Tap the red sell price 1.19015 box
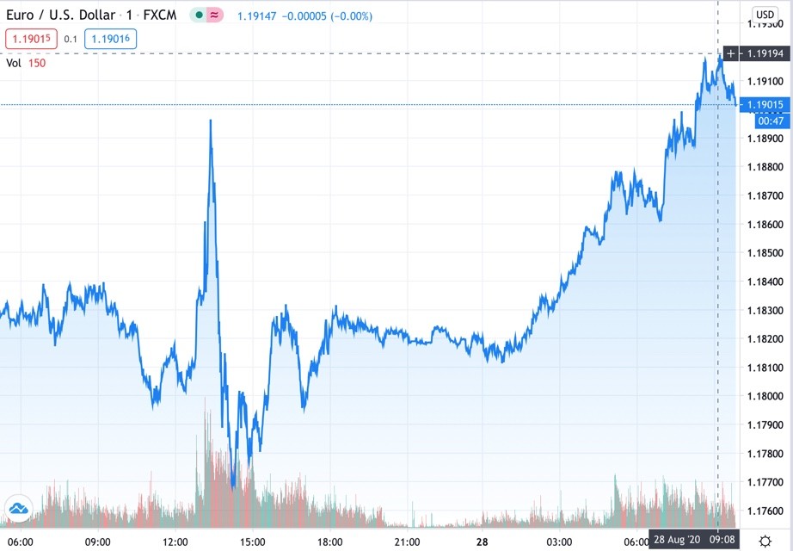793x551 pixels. pyautogui.click(x=31, y=38)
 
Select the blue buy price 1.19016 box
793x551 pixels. pyautogui.click(x=110, y=38)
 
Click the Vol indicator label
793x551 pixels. pyautogui.click(x=13, y=62)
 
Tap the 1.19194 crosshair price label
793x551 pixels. pyautogui.click(x=764, y=53)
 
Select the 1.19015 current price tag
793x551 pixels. pyautogui.click(x=764, y=105)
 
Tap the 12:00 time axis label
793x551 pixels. pyautogui.click(x=175, y=542)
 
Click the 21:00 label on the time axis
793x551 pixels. pyautogui.click(x=407, y=542)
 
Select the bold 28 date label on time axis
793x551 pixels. pyautogui.click(x=483, y=542)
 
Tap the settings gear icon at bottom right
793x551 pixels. pyautogui.click(x=765, y=542)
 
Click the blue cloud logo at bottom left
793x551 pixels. pyautogui.click(x=17, y=509)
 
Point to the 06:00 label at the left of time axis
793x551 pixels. pyautogui.click(x=20, y=542)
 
